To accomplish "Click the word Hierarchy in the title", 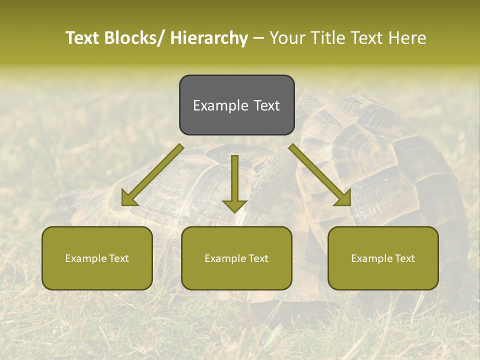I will click(209, 38).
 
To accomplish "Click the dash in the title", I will click(258, 38).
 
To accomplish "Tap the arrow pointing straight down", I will click(234, 182).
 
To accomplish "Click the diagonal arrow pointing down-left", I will click(152, 175).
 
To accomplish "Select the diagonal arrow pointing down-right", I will click(320, 175).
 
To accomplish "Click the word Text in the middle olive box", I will click(257, 258).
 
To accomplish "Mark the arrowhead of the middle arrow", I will click(234, 205).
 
